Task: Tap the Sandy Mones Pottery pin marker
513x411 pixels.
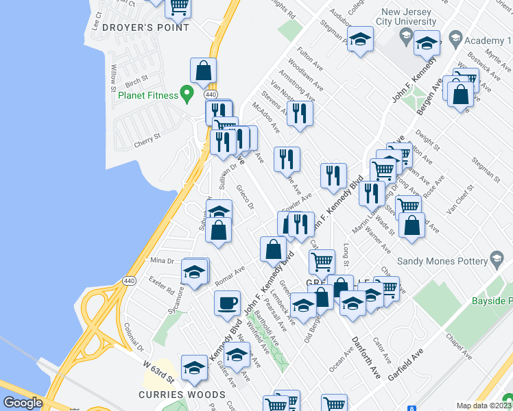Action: tap(498, 260)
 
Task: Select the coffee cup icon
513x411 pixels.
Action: tap(227, 302)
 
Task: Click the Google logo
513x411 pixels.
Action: tap(23, 403)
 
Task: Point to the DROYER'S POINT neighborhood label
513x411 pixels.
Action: tap(145, 27)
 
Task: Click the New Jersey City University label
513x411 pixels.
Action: tap(409, 18)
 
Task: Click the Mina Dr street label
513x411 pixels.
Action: tap(163, 260)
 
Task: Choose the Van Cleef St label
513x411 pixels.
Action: tap(460, 199)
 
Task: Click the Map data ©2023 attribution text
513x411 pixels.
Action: tap(484, 406)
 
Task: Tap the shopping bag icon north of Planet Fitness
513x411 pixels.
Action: tap(204, 70)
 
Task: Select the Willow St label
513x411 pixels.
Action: tap(113, 74)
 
